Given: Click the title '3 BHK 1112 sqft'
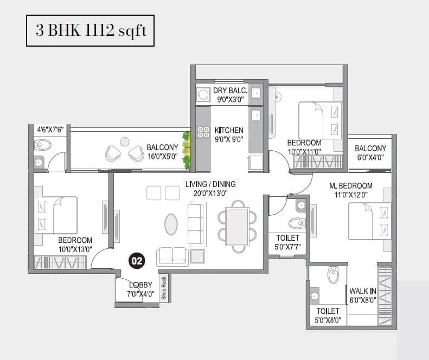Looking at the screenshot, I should point(91,30).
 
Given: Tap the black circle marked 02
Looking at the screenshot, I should point(136,261).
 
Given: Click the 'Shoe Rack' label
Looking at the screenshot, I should point(163,288).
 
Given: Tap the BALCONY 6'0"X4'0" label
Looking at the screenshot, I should point(370,153).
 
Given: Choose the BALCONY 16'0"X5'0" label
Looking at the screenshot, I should point(162,152).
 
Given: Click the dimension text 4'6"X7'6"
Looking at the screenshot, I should point(50,130).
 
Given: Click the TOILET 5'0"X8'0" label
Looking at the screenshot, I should point(328,316).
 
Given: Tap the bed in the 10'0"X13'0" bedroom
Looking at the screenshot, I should point(56,215).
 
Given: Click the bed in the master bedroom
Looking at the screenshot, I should point(369,220).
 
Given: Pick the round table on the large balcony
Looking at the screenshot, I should point(125,141).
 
